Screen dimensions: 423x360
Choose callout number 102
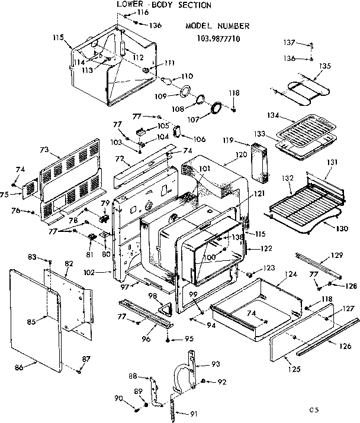tap(107, 273)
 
